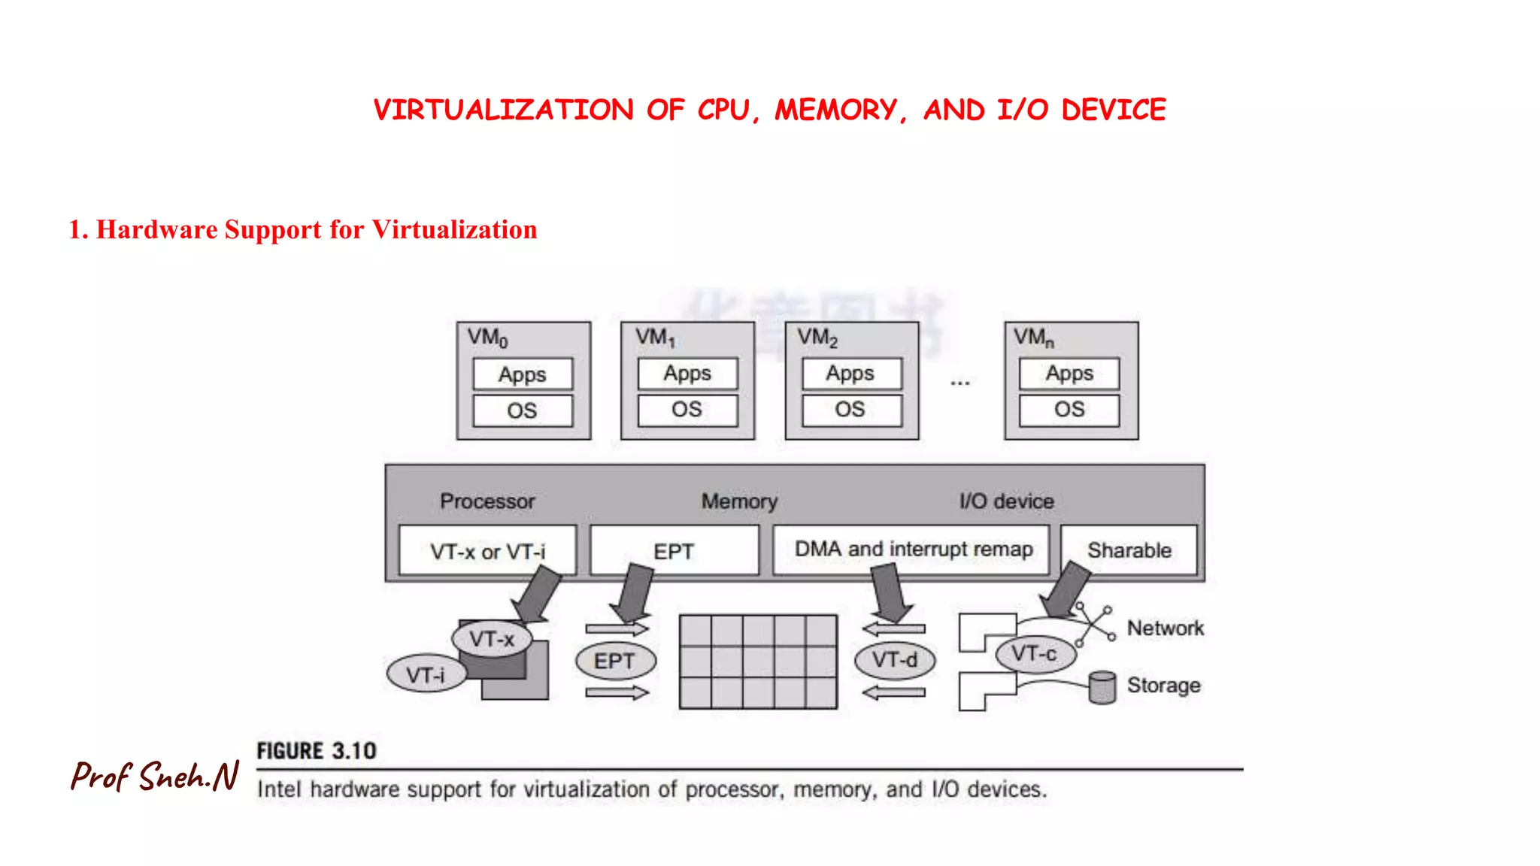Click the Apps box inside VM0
tap(523, 374)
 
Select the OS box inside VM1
tap(687, 410)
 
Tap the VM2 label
tap(817, 338)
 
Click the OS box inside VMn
tap(1069, 410)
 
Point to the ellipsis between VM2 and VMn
tap(960, 383)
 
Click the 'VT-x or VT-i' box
tap(487, 551)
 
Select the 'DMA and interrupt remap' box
tap(913, 550)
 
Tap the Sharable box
tap(1129, 550)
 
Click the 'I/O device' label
tap(1006, 501)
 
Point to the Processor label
tap(487, 501)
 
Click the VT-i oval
tap(426, 674)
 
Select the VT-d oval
tap(895, 660)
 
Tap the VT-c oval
tap(1034, 653)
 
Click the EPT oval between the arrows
tap(615, 662)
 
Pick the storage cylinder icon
tap(1102, 687)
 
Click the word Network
tap(1165, 628)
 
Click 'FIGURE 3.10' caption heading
tap(317, 751)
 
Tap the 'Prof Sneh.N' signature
tap(155, 777)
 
